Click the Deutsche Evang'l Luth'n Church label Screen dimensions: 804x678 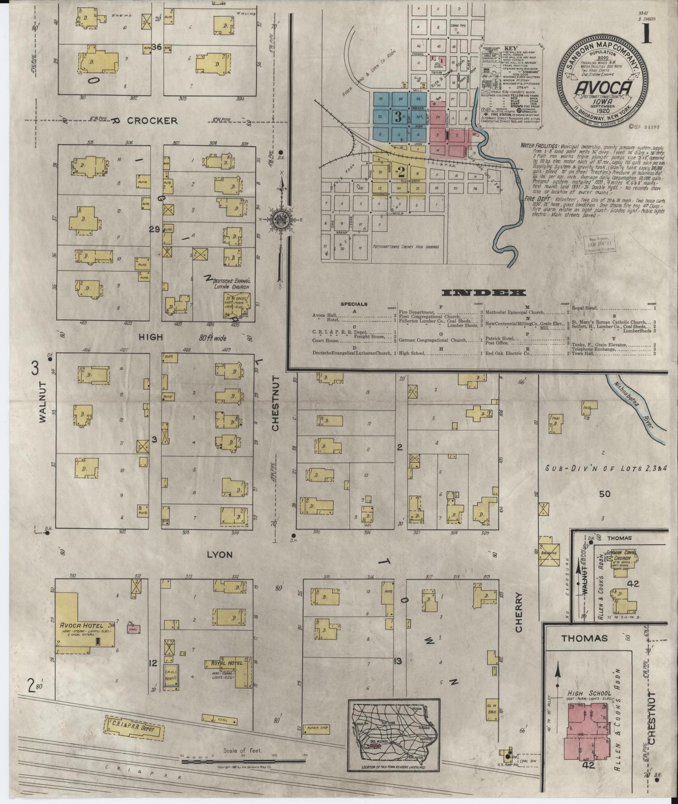click(x=230, y=284)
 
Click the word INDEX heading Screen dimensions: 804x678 click(x=484, y=293)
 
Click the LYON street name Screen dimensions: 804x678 click(x=220, y=554)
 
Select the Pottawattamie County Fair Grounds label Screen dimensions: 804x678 click(x=405, y=247)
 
